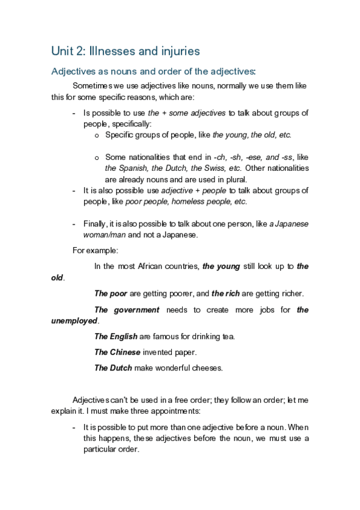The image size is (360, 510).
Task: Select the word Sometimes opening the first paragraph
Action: click(92, 86)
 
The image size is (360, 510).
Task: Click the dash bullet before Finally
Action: click(74, 224)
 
